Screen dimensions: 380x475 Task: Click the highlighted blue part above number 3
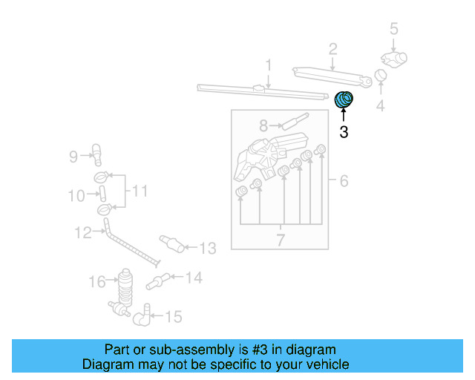(x=345, y=99)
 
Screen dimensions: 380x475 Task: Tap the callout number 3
(x=343, y=133)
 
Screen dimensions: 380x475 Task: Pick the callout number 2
(x=333, y=50)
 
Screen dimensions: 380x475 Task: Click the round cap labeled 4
(x=380, y=75)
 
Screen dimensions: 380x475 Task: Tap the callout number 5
(x=394, y=30)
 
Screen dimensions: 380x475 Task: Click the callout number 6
(x=344, y=181)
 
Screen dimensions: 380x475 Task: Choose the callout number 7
(x=281, y=240)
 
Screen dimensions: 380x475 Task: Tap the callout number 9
(x=73, y=156)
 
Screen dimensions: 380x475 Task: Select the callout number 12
(x=82, y=233)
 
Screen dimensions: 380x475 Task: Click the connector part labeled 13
(x=171, y=243)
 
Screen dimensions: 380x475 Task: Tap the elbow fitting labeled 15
(x=143, y=316)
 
